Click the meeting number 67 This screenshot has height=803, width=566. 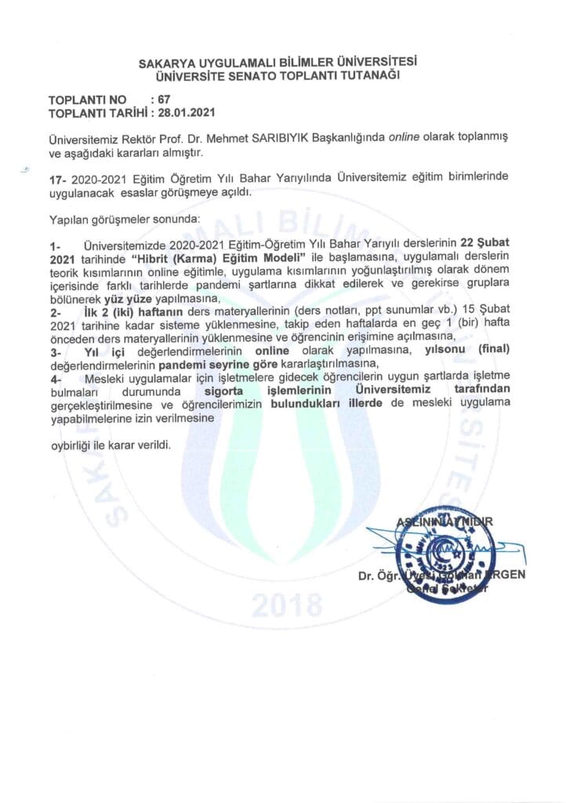[163, 100]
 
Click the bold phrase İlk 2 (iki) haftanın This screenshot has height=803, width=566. [129, 311]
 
